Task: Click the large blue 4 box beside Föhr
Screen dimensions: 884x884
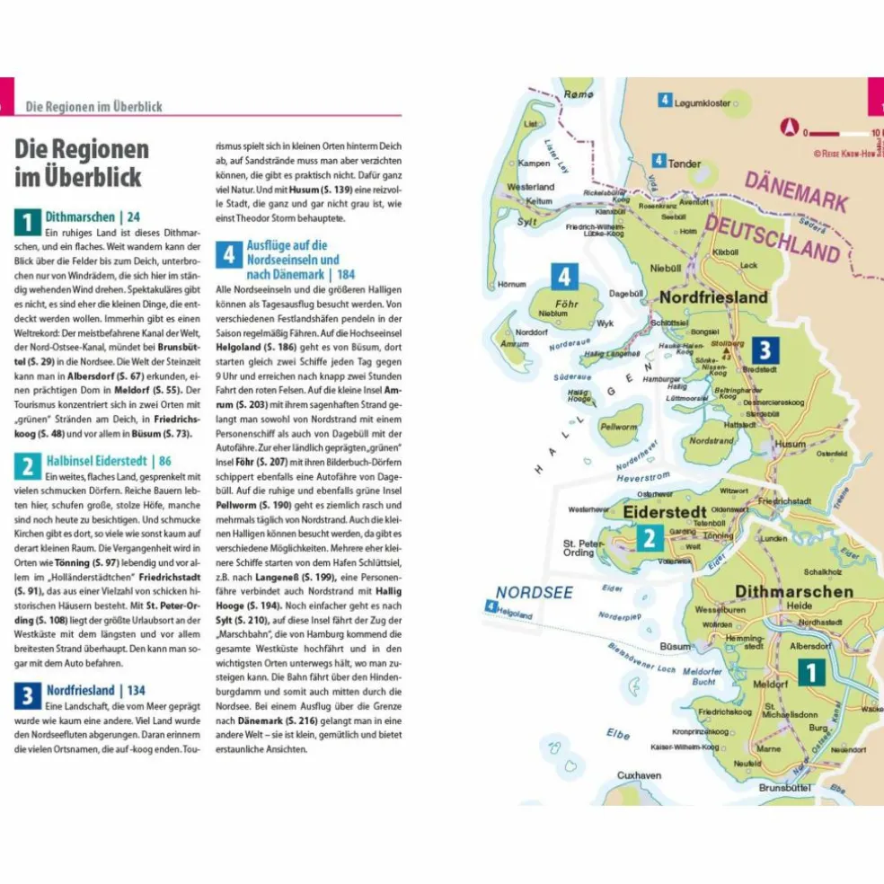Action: [x=564, y=277]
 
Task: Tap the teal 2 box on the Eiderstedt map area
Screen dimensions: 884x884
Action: [x=649, y=537]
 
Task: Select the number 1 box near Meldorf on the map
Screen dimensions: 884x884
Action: [x=810, y=673]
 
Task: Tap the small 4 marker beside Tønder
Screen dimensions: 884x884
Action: [x=659, y=161]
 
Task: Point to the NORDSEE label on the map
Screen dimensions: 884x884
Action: [x=534, y=592]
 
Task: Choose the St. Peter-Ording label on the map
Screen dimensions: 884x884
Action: [x=579, y=548]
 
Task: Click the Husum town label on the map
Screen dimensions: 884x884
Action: [x=791, y=444]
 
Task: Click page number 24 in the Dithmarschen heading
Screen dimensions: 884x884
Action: [x=133, y=217]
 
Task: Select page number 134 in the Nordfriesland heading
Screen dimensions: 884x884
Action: [x=136, y=690]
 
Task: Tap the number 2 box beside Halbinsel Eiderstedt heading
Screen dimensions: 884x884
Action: [x=27, y=465]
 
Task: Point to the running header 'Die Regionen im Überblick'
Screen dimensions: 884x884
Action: [x=93, y=106]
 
